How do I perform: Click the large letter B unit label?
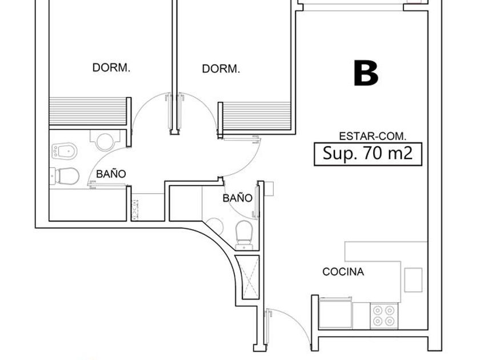(366, 73)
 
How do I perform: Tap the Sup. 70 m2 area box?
(368, 154)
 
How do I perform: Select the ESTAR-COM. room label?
(373, 136)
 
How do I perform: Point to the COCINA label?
(343, 271)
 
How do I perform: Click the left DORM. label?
(111, 67)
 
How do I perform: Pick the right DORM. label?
(221, 69)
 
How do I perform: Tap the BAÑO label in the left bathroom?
(111, 174)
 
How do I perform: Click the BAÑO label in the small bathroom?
(237, 198)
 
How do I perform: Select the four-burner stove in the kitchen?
(384, 316)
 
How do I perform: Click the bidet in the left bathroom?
(64, 151)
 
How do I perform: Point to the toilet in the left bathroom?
(64, 176)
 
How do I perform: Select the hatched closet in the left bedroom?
(88, 111)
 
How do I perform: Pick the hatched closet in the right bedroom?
(257, 117)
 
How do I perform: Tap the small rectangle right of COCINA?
(413, 280)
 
